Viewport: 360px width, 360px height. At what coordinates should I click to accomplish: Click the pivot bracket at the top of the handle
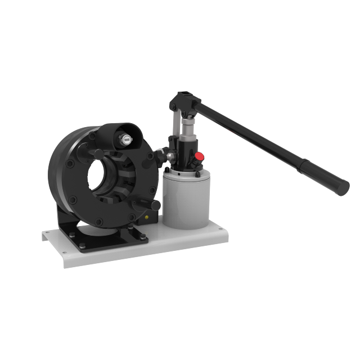point(186,101)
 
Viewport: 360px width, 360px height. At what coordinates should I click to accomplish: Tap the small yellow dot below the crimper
point(147,217)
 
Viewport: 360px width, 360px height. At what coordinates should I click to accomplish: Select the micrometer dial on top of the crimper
point(127,139)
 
